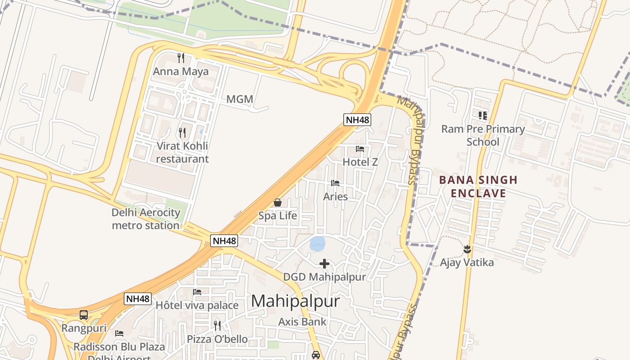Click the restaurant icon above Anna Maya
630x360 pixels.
pyautogui.click(x=181, y=58)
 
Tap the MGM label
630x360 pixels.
pyautogui.click(x=239, y=99)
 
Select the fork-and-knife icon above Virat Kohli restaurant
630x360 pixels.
pyautogui.click(x=182, y=132)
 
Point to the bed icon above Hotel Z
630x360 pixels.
pyautogui.click(x=360, y=149)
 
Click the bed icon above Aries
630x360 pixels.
pyautogui.click(x=335, y=183)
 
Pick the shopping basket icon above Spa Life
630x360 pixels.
pyautogui.click(x=278, y=202)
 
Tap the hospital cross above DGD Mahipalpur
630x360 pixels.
pyautogui.click(x=324, y=264)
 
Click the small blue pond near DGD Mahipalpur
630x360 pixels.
pyautogui.click(x=317, y=244)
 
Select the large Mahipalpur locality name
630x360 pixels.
pyautogui.click(x=295, y=301)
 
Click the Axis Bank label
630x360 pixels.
pyautogui.click(x=302, y=322)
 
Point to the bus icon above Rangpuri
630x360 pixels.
pyautogui.click(x=84, y=315)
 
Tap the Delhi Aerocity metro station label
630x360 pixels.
pyautogui.click(x=146, y=219)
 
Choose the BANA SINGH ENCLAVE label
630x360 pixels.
pyautogui.click(x=478, y=187)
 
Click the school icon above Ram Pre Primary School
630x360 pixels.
pyautogui.click(x=483, y=116)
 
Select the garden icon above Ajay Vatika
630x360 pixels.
pyautogui.click(x=467, y=248)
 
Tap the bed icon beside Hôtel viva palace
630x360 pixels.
pyautogui.click(x=197, y=292)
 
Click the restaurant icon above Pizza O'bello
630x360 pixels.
pyautogui.click(x=217, y=325)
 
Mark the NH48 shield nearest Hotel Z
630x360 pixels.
pyautogui.click(x=357, y=120)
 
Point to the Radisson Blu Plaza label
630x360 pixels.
pyautogui.click(x=119, y=347)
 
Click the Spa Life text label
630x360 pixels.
pyautogui.click(x=278, y=216)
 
